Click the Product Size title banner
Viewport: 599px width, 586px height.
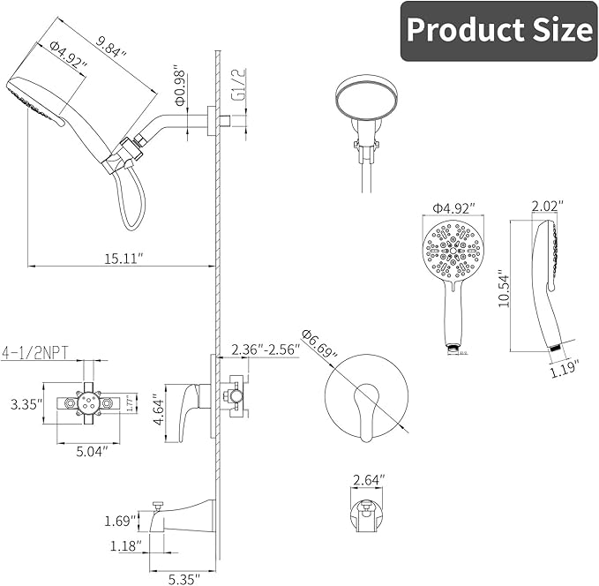[x=498, y=31]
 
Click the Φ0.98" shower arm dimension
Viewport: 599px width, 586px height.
[x=179, y=84]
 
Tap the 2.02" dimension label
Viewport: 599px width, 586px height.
[x=547, y=207]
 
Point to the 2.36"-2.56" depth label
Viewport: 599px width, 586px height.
[x=265, y=349]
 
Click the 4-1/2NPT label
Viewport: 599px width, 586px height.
[x=38, y=349]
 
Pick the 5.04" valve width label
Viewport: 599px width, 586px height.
[x=90, y=451]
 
